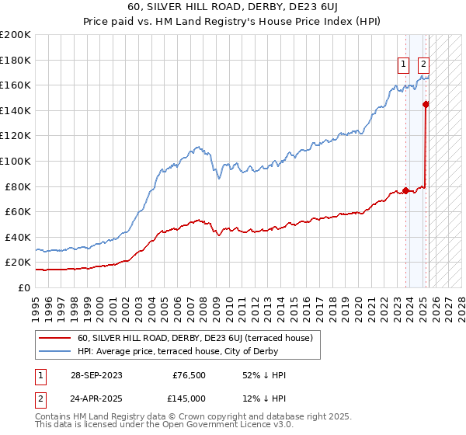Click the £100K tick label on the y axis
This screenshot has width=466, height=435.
point(16,161)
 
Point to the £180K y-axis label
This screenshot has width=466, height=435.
point(16,60)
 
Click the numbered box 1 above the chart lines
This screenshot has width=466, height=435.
point(405,65)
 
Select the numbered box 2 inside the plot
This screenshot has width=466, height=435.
point(424,65)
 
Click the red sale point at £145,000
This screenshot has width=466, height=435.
point(426,104)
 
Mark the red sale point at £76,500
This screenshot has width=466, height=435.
point(405,190)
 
